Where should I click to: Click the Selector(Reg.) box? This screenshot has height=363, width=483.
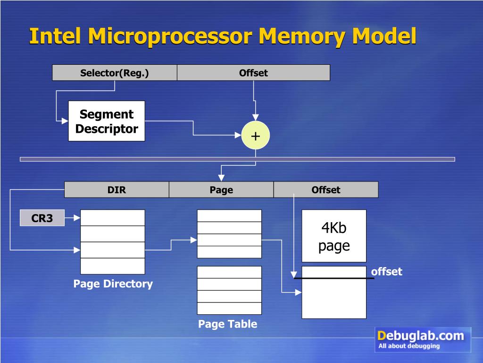[114, 73]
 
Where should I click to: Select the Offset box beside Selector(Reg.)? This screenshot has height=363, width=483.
[253, 73]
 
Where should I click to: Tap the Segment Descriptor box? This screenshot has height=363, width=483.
[107, 121]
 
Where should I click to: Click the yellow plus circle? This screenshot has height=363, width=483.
[255, 136]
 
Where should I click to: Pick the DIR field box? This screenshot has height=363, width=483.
[117, 190]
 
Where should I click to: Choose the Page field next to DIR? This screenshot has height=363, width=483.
[221, 190]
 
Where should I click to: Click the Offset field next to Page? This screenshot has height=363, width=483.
[325, 190]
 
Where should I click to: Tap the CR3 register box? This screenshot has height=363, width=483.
[42, 218]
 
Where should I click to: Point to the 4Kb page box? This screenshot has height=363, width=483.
[334, 236]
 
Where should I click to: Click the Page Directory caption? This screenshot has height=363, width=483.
[113, 284]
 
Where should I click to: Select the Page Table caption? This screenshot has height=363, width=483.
[227, 324]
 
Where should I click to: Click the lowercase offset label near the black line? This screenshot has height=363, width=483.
[386, 271]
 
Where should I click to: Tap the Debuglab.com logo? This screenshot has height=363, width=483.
[423, 339]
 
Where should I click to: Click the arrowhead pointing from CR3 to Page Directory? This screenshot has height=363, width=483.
[77, 218]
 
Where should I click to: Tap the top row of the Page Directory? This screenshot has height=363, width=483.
[113, 218]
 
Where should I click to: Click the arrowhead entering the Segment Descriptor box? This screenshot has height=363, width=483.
[65, 121]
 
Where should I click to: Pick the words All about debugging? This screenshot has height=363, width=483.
[408, 346]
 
